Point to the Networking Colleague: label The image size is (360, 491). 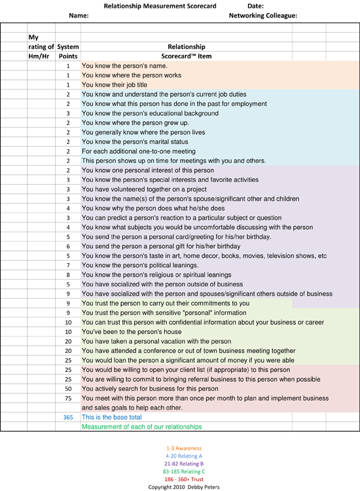click(263, 15)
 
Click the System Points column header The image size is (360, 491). click(68, 51)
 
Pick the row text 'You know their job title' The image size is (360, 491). click(115, 85)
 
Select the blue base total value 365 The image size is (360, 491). click(68, 417)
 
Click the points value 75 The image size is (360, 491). click(68, 398)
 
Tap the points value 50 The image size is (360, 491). click(68, 388)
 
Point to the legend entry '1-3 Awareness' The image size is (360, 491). click(179, 448)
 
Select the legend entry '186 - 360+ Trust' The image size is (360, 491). click(179, 480)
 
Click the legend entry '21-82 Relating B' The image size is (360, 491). click(179, 464)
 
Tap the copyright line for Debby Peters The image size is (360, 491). click(179, 488)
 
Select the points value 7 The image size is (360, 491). click(68, 265)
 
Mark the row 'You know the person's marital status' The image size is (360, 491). click(126, 142)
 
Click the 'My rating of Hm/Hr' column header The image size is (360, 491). click(41, 46)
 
